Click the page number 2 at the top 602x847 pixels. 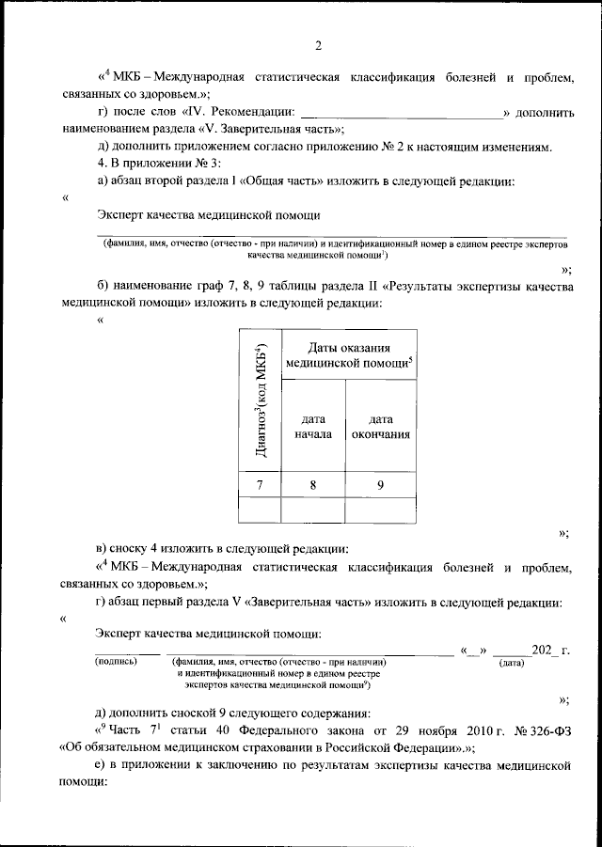point(318,45)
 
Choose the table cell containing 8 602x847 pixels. point(312,485)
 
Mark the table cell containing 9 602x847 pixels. point(380,485)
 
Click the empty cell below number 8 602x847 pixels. point(312,510)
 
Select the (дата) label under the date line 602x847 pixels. point(511,662)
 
